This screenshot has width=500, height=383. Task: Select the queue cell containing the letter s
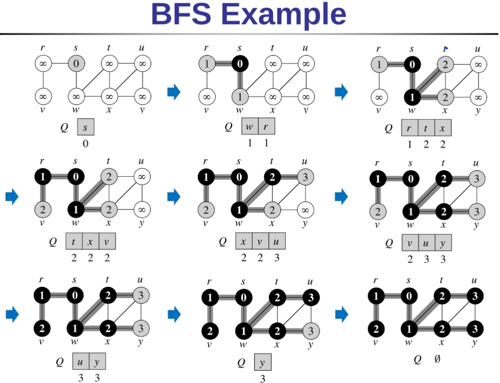coord(85,128)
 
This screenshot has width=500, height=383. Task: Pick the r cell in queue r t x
coord(410,127)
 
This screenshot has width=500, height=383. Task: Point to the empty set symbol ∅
coord(437,358)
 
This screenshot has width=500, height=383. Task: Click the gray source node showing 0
coord(76,63)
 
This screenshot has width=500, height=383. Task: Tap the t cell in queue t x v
coord(74,241)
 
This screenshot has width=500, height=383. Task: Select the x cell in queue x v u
coord(244,241)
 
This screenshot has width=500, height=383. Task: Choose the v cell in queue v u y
coord(410,242)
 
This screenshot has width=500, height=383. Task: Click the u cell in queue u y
coord(81,361)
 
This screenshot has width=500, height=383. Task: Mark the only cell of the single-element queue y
coord(262,362)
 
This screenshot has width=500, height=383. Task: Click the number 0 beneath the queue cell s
coord(85,143)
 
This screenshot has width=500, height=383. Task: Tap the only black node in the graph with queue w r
coord(239,63)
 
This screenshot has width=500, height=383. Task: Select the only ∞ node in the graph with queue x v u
coord(305,210)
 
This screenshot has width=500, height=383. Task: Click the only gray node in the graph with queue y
coord(311,331)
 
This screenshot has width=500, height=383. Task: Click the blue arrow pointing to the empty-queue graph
coord(341,315)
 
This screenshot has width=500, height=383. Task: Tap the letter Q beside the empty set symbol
coord(418,359)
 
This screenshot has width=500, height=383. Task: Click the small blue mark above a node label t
coord(446,48)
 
